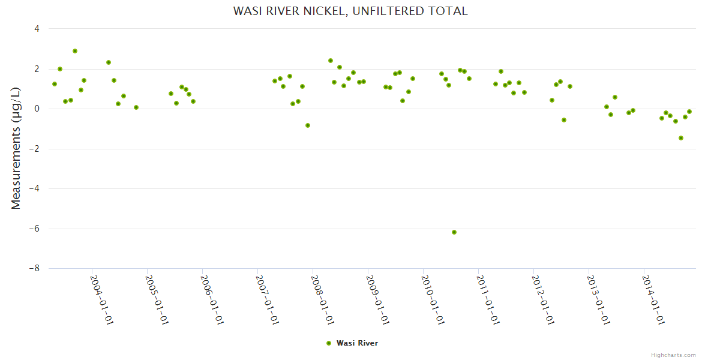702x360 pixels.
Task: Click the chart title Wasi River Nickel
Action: tap(350, 11)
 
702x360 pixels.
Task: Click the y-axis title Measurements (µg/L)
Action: tap(16, 148)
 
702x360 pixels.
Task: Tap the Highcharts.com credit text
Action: tap(673, 355)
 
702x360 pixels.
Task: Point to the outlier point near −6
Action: tap(454, 232)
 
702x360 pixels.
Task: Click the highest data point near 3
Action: tap(75, 51)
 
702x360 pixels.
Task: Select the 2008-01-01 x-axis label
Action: tap(322, 299)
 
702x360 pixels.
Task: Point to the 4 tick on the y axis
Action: tap(37, 29)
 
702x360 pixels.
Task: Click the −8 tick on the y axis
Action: tap(35, 269)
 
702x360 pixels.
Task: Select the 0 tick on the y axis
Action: tap(37, 109)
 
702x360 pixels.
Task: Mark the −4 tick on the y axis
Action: tap(35, 188)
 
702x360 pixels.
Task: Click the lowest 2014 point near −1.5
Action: tap(681, 138)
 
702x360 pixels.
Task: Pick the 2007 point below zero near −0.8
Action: tap(308, 125)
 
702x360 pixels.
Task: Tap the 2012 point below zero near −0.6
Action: tap(564, 120)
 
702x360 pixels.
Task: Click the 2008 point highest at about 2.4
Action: tap(331, 61)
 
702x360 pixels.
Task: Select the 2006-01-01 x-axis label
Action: tap(212, 299)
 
